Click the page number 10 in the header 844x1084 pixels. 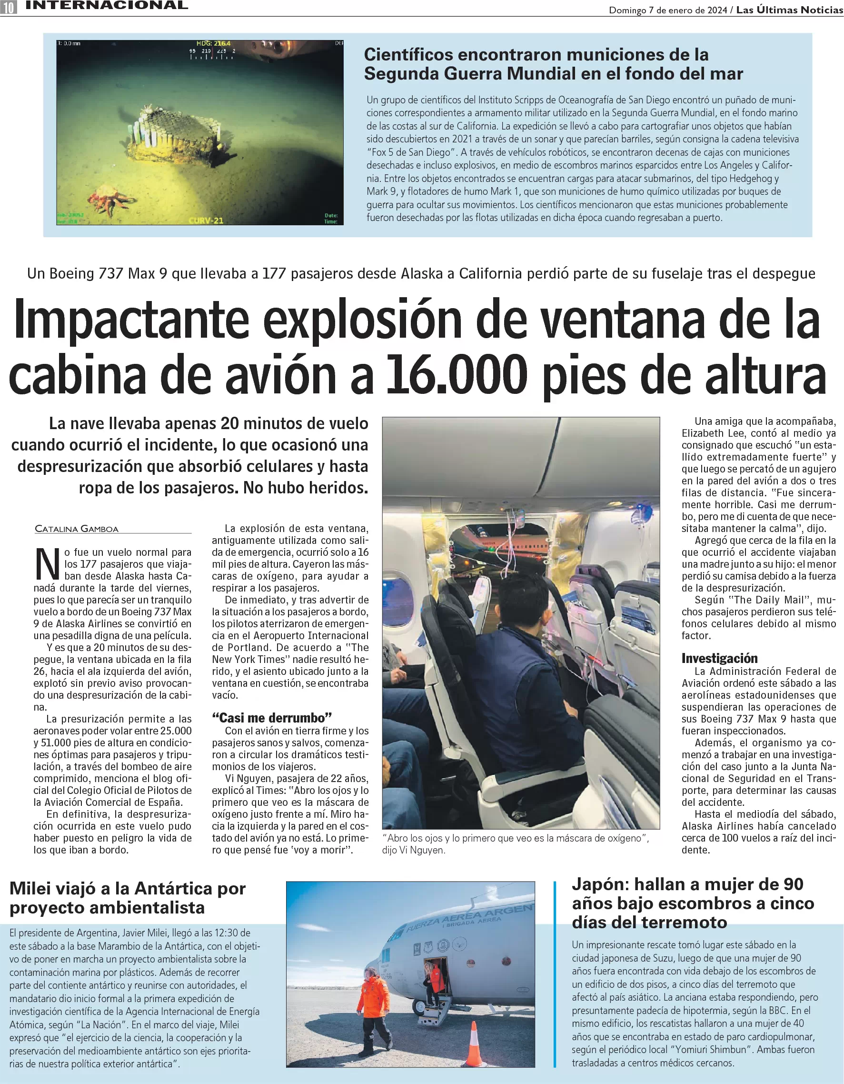coord(9,7)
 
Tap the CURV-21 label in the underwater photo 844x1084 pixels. coord(206,220)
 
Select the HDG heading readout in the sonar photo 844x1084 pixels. coord(213,44)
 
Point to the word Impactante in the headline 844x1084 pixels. coord(131,320)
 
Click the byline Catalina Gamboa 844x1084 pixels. coord(77,529)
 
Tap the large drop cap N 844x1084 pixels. coord(47,564)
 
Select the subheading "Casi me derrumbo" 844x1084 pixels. coord(272,718)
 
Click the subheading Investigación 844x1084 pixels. coord(719,658)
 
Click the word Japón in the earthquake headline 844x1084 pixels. coord(600,884)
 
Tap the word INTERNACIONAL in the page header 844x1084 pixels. coord(107,5)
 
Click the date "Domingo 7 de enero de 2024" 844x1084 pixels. coord(668,10)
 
